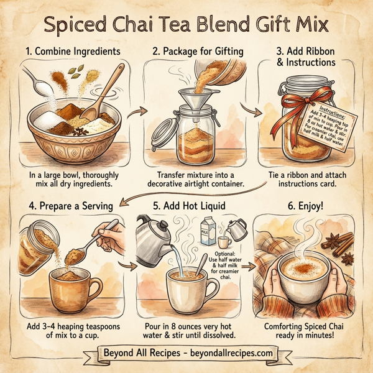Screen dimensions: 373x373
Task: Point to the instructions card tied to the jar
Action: (x=333, y=124)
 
